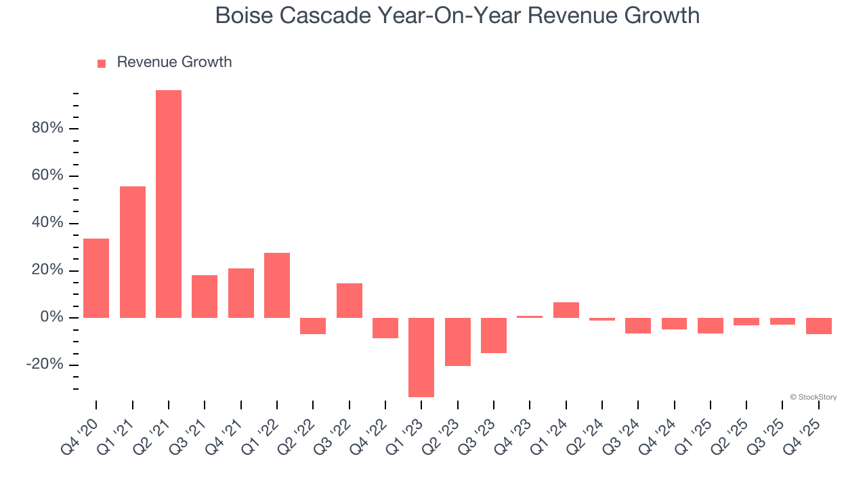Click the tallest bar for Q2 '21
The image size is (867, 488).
[x=169, y=203]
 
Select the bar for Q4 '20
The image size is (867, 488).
[x=96, y=278]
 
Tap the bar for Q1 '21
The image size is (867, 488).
[x=133, y=252]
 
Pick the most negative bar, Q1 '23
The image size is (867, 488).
[x=421, y=357]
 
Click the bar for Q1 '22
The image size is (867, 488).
[x=277, y=285]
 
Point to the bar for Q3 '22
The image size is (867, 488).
[x=350, y=300]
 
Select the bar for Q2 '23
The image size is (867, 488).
[x=458, y=342]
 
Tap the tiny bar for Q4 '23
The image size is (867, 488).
[x=530, y=317]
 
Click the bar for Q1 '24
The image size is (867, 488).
[x=566, y=310]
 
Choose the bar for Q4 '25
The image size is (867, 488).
[x=819, y=326]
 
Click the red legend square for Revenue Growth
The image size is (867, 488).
[x=102, y=64]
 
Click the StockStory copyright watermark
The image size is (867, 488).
[x=813, y=397]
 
